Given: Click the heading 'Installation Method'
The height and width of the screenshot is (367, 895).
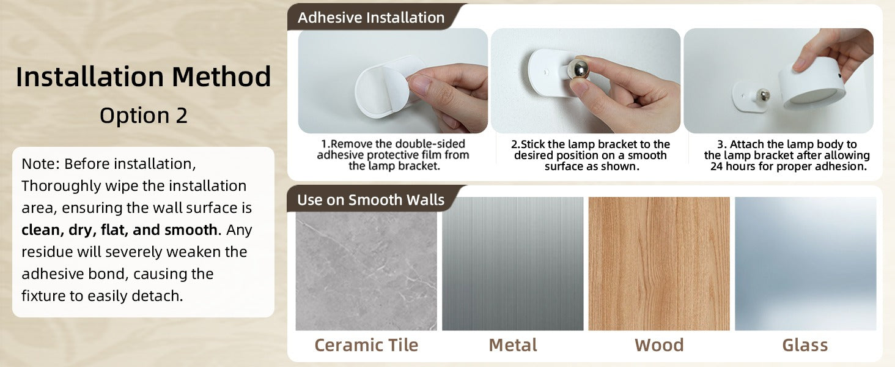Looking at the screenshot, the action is [144, 76].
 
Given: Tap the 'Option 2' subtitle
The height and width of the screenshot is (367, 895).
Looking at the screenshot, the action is [144, 116].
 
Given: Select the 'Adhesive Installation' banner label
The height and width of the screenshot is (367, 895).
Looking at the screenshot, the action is [371, 18].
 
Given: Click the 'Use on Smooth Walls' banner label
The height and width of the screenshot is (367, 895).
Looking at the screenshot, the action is [371, 199].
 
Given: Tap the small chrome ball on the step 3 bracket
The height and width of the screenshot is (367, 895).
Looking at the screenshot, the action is [764, 95].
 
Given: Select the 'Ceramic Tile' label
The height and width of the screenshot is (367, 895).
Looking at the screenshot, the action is [366, 345].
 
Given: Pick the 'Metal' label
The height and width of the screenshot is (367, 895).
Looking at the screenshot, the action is [513, 345].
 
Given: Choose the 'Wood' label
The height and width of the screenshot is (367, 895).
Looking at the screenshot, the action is [659, 345].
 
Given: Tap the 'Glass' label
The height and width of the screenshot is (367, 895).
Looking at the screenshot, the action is [805, 345].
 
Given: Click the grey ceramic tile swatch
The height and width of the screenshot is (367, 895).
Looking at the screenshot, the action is [366, 270].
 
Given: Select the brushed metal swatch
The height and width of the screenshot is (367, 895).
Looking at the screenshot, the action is [513, 264].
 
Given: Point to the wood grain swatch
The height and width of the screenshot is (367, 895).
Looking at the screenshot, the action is [659, 264].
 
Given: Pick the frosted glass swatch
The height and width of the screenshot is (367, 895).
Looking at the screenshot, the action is [806, 264].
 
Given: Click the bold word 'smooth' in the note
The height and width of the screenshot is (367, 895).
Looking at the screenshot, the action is [191, 230].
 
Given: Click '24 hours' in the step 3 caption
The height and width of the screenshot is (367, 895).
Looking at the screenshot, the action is [733, 166].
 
